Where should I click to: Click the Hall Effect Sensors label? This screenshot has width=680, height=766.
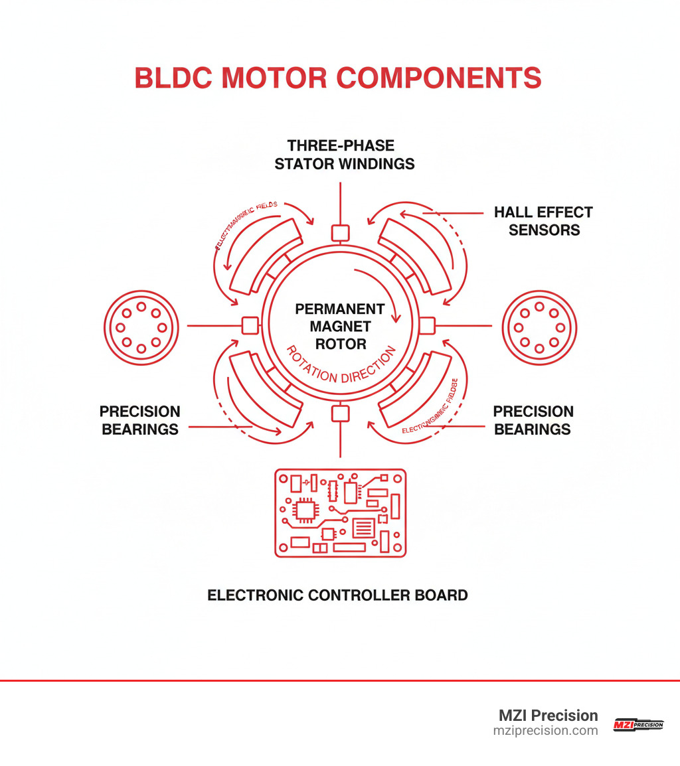[x=543, y=221]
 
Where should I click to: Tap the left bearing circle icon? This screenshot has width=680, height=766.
[x=140, y=327]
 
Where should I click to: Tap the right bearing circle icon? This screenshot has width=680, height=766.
[x=539, y=327]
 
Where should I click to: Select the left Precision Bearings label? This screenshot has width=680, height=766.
[x=139, y=420]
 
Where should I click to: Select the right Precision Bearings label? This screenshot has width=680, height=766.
[x=533, y=420]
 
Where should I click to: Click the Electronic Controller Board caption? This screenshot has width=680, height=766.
[x=337, y=595]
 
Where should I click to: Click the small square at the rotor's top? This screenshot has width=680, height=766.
[x=340, y=232]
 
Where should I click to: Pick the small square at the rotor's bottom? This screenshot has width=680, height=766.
[x=340, y=414]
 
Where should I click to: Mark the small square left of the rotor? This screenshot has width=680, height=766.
[x=249, y=325]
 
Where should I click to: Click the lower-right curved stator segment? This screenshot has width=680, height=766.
[x=417, y=392]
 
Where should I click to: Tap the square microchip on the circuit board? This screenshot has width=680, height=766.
[x=306, y=510]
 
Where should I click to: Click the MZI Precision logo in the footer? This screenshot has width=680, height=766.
[x=638, y=724]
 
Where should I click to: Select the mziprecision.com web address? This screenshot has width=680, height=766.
[x=545, y=731]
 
